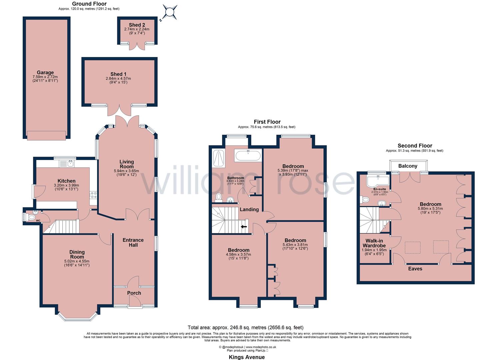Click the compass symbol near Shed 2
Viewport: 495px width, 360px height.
(170, 12)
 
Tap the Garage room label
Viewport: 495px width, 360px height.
(45, 73)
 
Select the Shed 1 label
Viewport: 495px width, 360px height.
(118, 74)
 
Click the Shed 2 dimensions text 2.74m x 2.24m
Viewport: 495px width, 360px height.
(137, 29)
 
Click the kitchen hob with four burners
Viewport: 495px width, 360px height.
(93, 195)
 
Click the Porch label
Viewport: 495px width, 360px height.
(134, 293)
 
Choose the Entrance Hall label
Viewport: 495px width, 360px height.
(133, 242)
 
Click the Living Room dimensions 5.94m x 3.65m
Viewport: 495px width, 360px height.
(127, 171)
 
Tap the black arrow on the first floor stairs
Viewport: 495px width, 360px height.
(244, 227)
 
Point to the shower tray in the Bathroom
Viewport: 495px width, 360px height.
(219, 159)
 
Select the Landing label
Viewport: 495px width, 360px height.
(249, 210)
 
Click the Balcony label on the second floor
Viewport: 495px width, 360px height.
(408, 166)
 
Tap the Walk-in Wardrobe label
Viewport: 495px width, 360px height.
(374, 243)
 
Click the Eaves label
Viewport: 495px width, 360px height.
(415, 269)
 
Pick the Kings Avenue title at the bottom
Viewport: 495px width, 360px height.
(247, 357)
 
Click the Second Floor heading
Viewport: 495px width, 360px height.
(415, 146)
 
